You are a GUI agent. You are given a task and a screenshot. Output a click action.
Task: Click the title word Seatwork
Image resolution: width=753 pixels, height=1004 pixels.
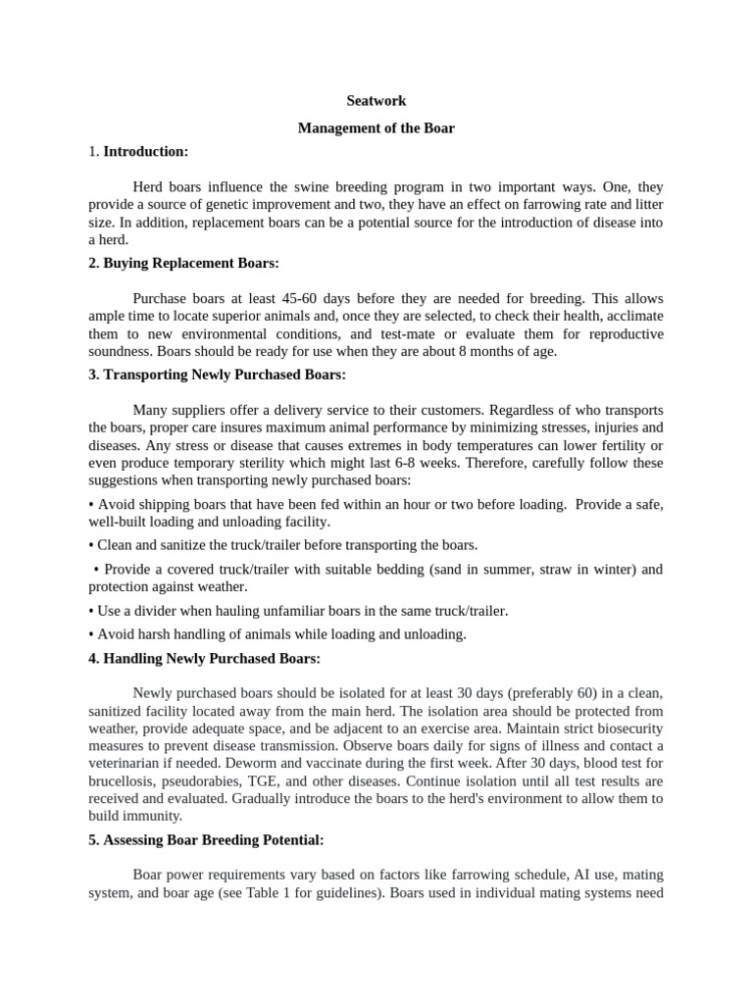[376, 101]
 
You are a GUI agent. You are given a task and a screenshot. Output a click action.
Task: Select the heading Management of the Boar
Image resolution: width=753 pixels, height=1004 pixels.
[376, 128]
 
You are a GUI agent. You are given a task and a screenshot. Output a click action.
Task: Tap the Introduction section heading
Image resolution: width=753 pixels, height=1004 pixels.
[145, 152]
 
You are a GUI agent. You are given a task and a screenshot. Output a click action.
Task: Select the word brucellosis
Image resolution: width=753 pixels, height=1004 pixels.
[125, 782]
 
